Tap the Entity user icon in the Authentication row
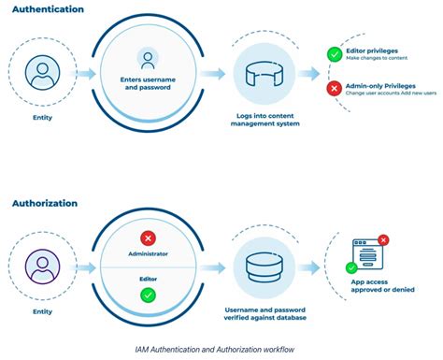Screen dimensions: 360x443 tap(39, 73)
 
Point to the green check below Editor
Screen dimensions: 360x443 tap(146, 295)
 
